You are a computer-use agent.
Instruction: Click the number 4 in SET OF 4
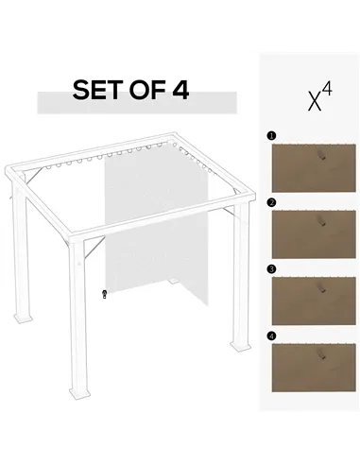coord(180,91)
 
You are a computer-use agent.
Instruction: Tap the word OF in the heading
coord(146,91)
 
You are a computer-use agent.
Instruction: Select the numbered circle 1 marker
coord(272,136)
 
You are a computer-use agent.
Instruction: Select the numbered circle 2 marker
coord(272,202)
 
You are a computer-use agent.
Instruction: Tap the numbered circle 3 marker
coord(272,268)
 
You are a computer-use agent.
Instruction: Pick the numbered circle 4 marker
coord(272,335)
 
